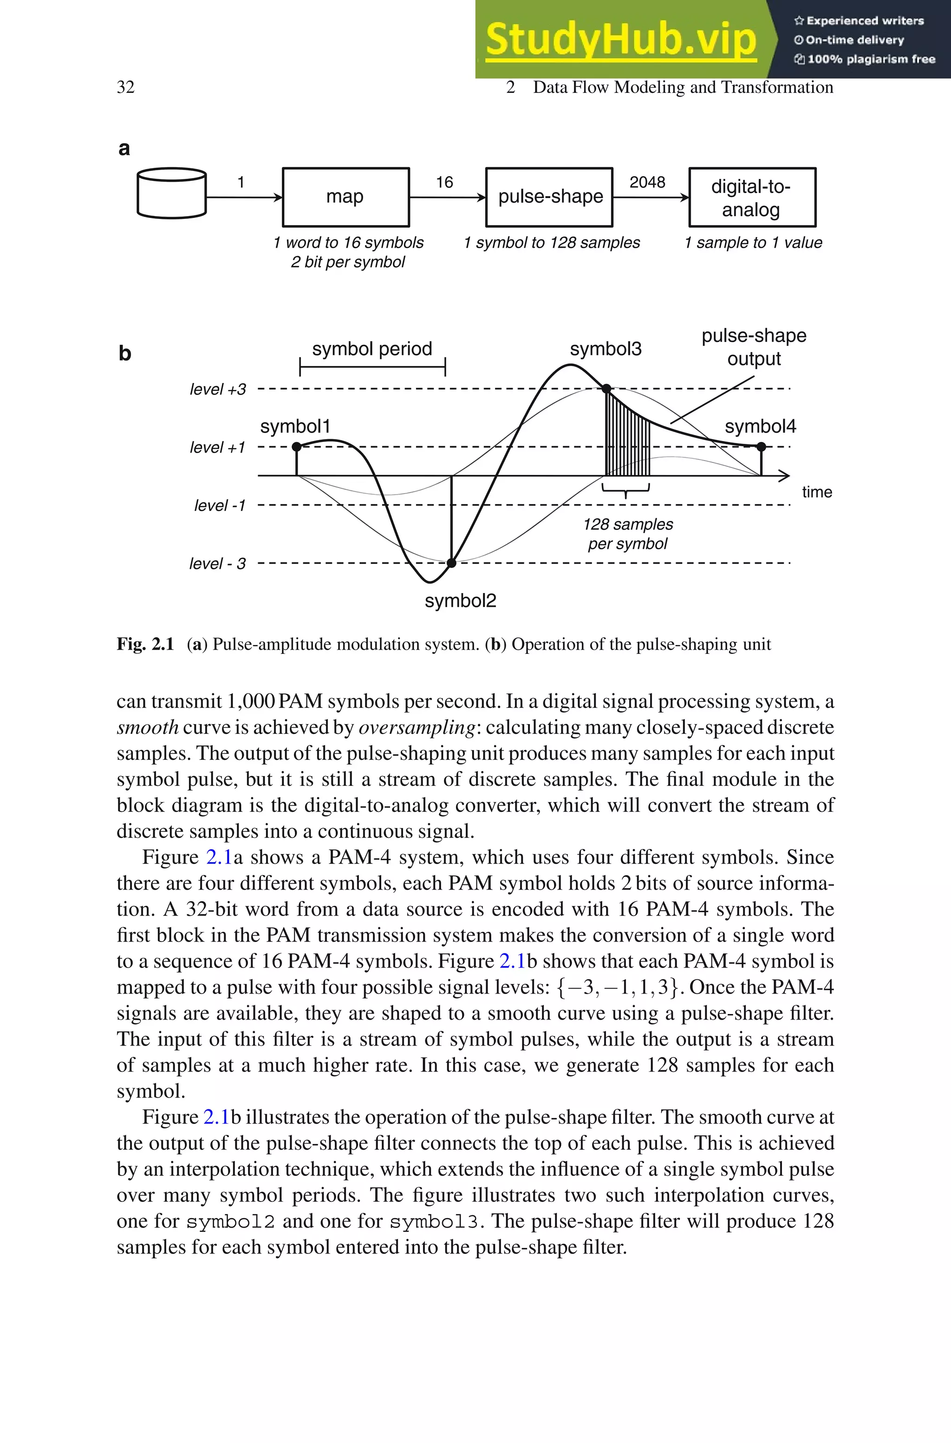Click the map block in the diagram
[345, 197]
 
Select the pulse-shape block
[549, 197]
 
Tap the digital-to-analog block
[752, 197]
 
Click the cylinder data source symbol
[172, 193]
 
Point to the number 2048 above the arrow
[647, 182]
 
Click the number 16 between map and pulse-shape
[444, 182]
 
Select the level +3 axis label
[218, 389]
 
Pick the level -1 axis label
[220, 506]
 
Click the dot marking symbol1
[297, 447]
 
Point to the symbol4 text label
[760, 426]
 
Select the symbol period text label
[372, 349]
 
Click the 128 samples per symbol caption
[628, 534]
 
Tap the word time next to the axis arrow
[816, 492]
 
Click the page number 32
[125, 87]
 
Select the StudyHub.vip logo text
[620, 39]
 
